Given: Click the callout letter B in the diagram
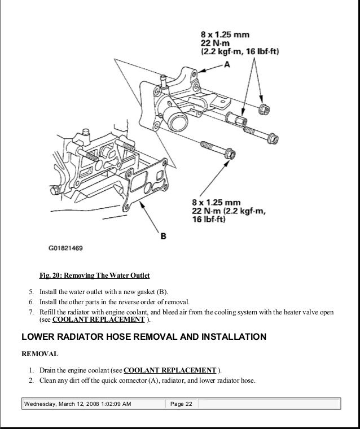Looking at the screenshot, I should coord(163,236).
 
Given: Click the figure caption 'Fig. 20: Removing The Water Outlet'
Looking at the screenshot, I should coord(94,276).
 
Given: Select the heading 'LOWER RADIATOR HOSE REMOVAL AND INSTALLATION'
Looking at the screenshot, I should coord(143,337).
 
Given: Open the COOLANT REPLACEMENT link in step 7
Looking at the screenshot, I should coord(99,319).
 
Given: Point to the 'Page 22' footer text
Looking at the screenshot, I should coord(181,404).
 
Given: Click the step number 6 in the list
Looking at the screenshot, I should coord(32,301).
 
